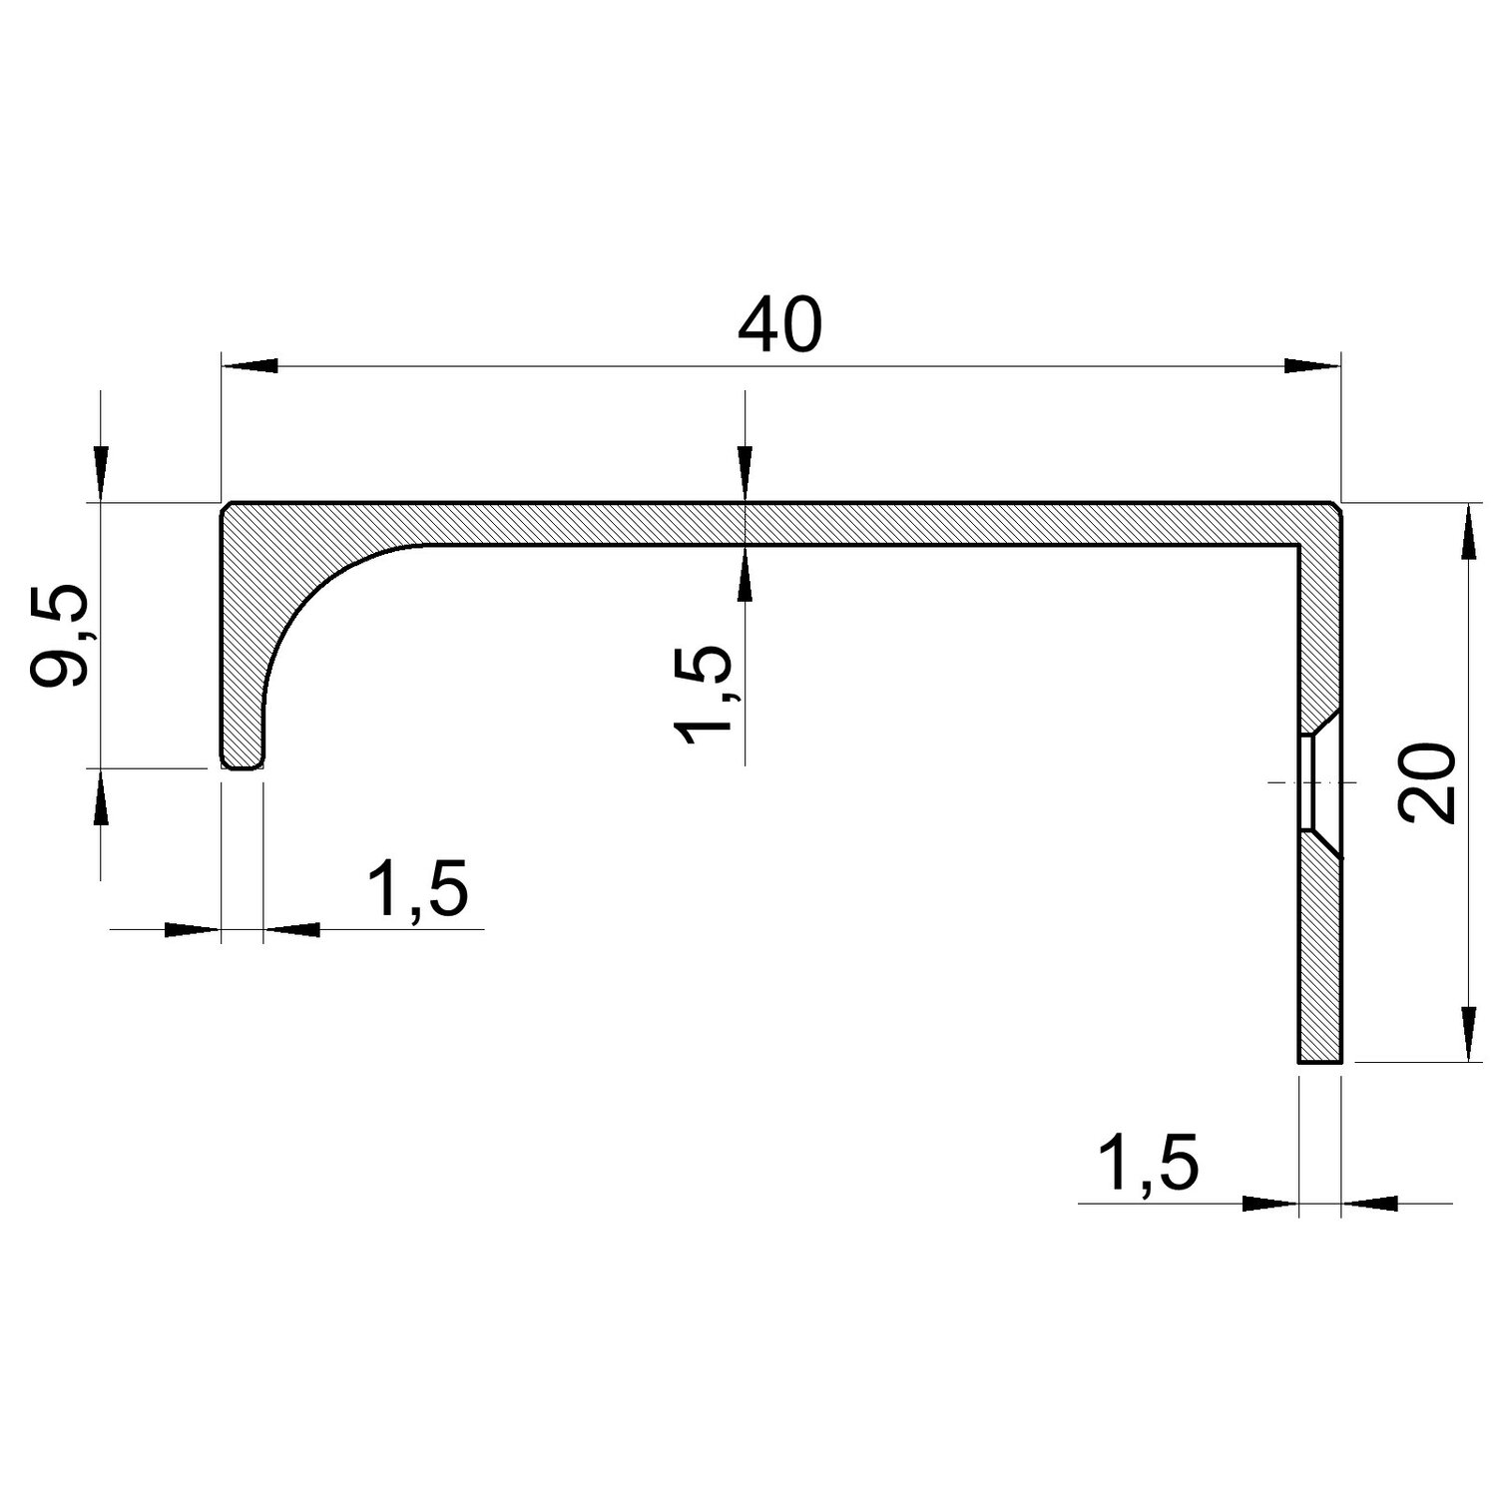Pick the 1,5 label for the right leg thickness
pyautogui.click(x=1147, y=1162)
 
